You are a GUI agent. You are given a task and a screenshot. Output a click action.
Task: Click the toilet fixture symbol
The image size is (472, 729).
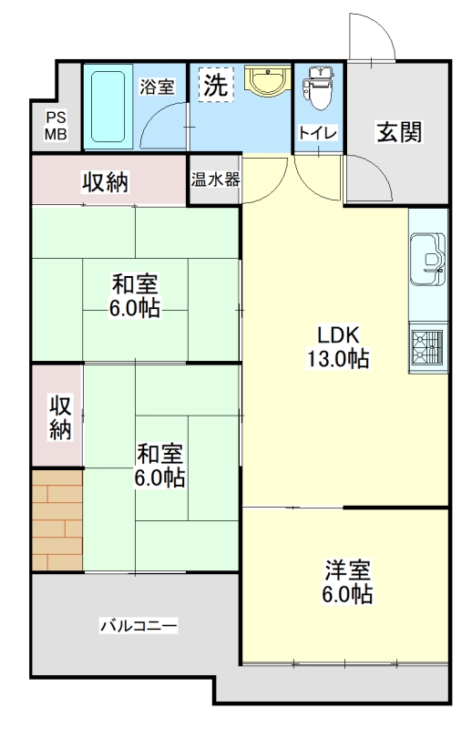[318, 87]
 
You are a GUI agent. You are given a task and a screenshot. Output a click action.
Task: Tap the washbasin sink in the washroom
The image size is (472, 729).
[268, 80]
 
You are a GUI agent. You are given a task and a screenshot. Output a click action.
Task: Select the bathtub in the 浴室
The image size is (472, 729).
[108, 107]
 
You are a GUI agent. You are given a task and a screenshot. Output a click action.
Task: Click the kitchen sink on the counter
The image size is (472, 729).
[427, 259]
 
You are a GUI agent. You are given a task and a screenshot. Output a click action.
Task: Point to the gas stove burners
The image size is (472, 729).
[427, 346]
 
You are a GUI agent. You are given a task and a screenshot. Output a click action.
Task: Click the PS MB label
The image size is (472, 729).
[56, 125]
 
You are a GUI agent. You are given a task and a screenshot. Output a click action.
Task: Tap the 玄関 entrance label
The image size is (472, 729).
[399, 132]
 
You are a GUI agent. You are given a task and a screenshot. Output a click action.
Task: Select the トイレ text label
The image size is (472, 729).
[318, 133]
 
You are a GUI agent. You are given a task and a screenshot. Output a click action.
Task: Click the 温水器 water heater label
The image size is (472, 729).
[215, 180]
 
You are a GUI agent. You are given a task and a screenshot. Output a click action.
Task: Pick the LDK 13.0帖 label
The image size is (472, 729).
[338, 347]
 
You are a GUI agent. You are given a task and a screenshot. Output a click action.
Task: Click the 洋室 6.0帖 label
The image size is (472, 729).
[347, 581]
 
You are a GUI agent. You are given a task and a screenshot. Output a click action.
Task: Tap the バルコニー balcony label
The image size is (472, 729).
[139, 625]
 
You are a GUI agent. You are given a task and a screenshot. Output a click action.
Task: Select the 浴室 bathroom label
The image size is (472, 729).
[157, 87]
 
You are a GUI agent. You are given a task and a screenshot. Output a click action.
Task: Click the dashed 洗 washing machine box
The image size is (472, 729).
[216, 85]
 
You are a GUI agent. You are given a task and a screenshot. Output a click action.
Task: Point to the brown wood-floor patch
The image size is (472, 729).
[57, 519]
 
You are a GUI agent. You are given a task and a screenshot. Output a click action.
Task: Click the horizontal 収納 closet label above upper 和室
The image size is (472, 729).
[106, 181]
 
